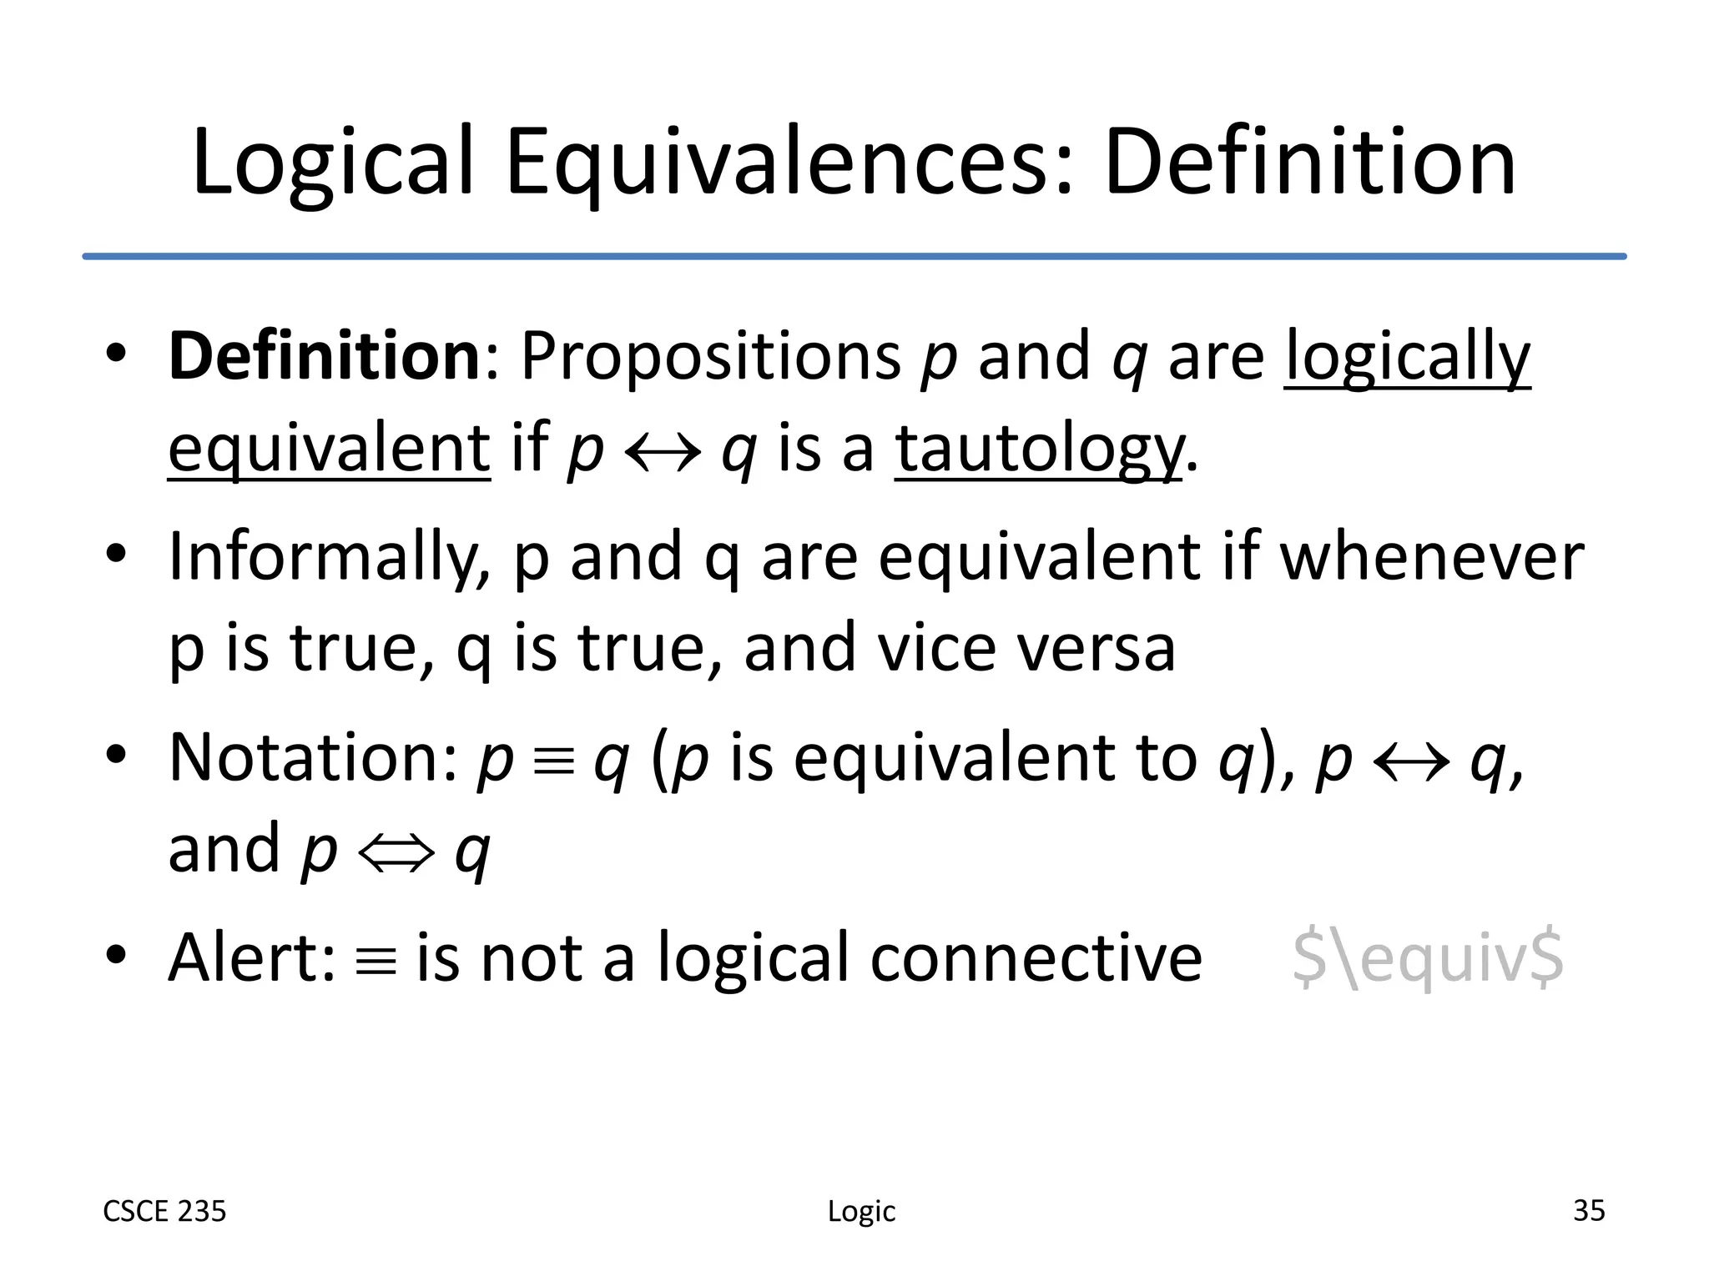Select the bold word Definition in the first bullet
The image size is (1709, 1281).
(325, 356)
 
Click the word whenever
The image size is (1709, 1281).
(1431, 557)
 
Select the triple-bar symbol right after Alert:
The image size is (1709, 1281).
(376, 962)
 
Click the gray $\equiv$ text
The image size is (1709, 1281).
(1428, 959)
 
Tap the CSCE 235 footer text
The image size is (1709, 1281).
(164, 1211)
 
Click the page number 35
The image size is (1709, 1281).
(1588, 1210)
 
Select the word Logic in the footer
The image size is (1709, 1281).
(861, 1212)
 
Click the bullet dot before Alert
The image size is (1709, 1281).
(116, 954)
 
